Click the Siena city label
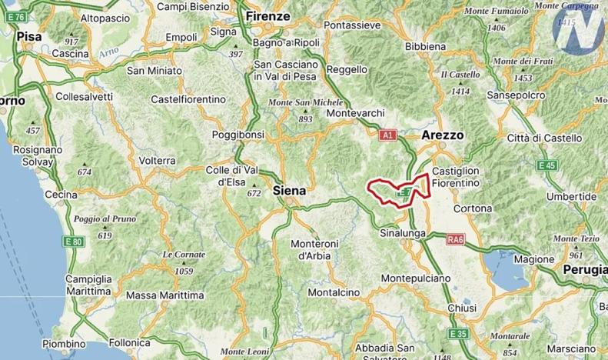(289, 191)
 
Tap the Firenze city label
(267, 15)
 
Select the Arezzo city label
(443, 135)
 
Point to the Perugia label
(584, 269)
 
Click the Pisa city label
(28, 36)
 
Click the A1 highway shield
(388, 135)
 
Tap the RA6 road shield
(455, 240)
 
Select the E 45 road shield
(547, 165)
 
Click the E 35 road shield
(458, 333)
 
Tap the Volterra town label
(158, 161)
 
